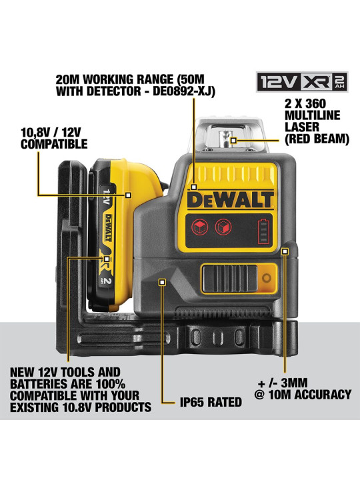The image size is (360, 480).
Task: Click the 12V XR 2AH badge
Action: (x=302, y=82)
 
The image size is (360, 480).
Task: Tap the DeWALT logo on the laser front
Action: (x=230, y=200)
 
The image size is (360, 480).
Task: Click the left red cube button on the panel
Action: (x=199, y=227)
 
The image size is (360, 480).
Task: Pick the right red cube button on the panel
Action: (x=223, y=227)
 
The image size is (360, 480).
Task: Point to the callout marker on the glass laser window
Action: (x=233, y=141)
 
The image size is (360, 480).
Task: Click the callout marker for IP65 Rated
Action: (x=162, y=282)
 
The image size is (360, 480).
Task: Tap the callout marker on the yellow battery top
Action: (x=128, y=195)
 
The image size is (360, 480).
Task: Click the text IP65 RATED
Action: (x=211, y=402)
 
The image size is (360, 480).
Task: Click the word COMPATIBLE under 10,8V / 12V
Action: (x=54, y=144)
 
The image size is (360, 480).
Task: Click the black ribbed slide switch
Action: (x=229, y=278)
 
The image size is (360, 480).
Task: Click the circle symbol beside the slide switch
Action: (x=267, y=278)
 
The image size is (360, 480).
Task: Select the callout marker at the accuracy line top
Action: (x=285, y=251)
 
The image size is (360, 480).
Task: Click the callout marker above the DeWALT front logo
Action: (x=193, y=187)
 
